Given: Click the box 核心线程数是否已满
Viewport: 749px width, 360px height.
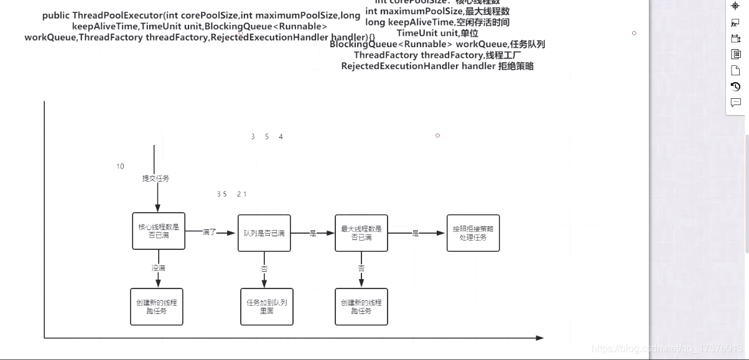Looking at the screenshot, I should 159,231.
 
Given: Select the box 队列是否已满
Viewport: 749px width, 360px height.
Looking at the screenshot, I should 264,233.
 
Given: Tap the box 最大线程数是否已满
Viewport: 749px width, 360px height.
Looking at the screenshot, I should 361,233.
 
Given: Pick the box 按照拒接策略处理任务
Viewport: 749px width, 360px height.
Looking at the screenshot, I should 473,233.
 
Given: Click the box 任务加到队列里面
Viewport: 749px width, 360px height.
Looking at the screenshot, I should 266,307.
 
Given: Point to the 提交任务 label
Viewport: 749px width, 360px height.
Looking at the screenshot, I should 156,178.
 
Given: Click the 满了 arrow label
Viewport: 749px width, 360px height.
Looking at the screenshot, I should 210,233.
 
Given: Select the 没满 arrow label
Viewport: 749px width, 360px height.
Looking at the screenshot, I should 158,268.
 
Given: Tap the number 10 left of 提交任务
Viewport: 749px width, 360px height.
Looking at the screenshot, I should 120,167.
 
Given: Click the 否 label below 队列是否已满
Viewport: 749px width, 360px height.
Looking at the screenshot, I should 264,269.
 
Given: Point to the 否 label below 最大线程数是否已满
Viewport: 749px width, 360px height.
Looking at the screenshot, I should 361,269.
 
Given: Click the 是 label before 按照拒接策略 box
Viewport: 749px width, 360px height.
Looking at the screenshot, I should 415,234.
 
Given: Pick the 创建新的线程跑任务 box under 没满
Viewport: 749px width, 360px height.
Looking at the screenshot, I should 157,307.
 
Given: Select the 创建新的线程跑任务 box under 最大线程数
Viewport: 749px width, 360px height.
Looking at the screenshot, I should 361,307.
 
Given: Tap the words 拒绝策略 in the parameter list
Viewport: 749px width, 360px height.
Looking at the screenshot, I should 516,66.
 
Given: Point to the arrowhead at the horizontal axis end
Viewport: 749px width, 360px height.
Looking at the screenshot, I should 540,338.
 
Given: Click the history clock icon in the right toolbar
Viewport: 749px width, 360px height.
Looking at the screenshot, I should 735,86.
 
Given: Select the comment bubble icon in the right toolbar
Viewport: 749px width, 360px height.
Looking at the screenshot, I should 735,103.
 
